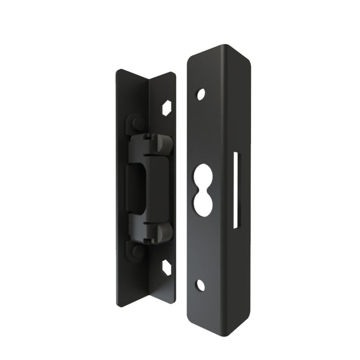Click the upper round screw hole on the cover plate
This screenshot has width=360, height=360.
pyautogui.click(x=201, y=94)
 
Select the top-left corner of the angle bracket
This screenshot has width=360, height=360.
pyautogui.click(x=117, y=70)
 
